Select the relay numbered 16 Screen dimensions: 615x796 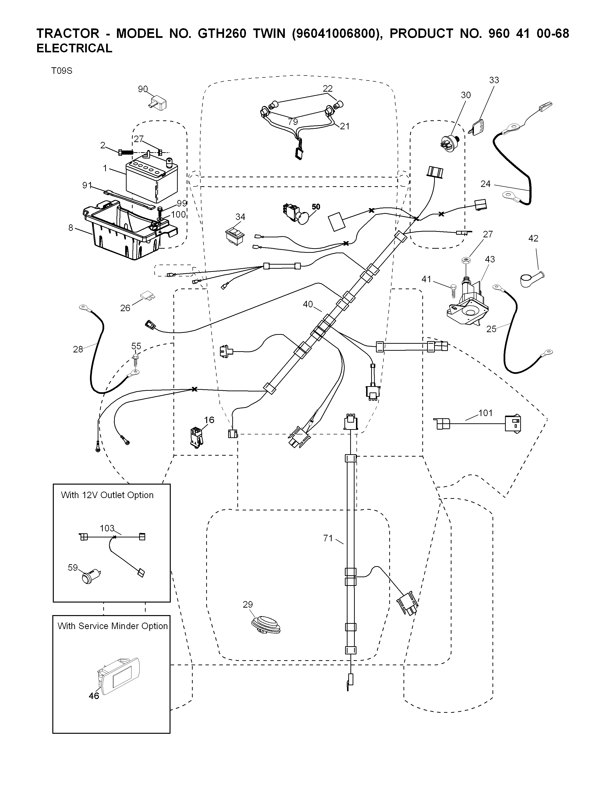coord(196,437)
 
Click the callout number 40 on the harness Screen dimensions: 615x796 coord(308,304)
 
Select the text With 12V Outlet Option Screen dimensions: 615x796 coord(107,495)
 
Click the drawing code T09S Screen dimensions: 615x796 coord(61,71)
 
